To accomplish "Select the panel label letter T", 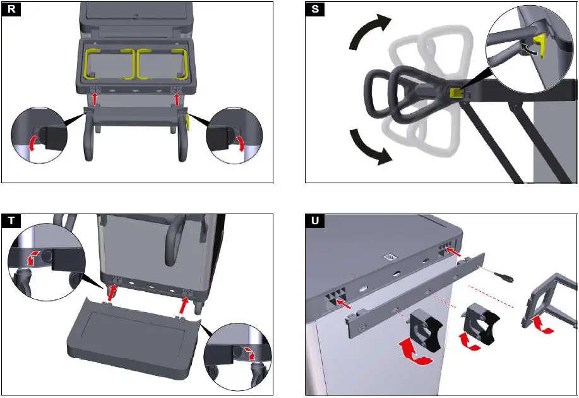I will click(x=11, y=221).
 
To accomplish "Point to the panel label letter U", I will click(x=314, y=221).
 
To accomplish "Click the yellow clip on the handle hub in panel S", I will click(x=453, y=93).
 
